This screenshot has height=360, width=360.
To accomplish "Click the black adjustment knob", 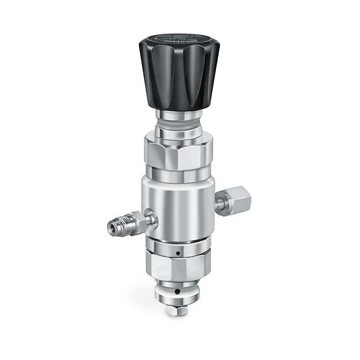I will [178, 75].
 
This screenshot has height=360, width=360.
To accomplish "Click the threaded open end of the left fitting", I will [110, 229].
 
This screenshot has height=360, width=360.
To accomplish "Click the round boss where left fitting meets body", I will [150, 219].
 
